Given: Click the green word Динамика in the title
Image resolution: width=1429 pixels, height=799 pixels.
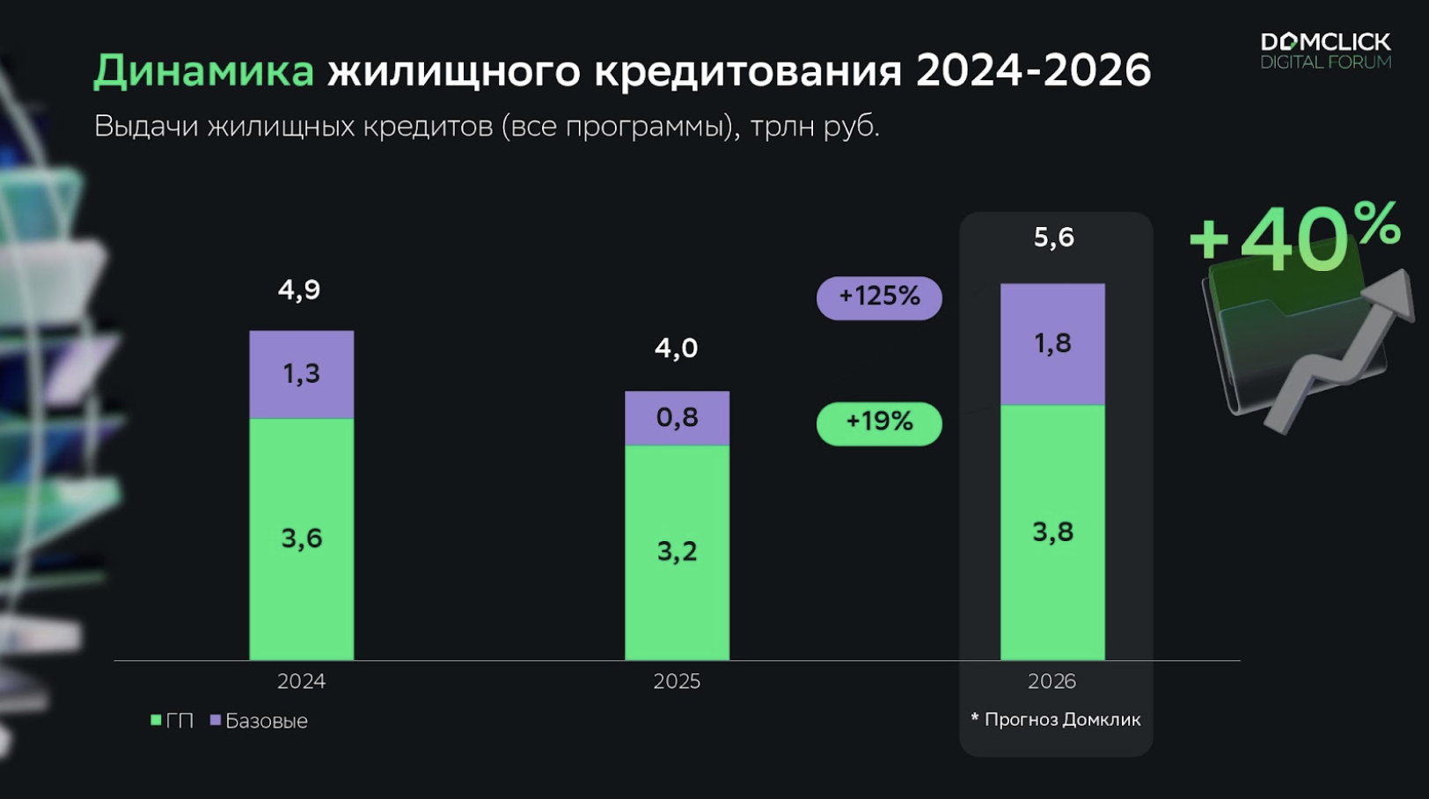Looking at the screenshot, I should pyautogui.click(x=203, y=71).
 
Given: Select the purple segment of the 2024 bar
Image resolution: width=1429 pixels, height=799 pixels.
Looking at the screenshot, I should pyautogui.click(x=302, y=374).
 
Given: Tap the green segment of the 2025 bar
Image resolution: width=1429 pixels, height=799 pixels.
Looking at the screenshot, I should pyautogui.click(x=677, y=552).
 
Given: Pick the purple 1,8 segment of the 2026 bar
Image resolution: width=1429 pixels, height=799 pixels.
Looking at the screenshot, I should pyautogui.click(x=1052, y=343).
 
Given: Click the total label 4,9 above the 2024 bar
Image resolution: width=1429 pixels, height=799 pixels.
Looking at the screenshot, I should pyautogui.click(x=299, y=290).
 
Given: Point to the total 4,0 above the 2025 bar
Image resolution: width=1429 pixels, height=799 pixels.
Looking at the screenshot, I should pyautogui.click(x=676, y=348).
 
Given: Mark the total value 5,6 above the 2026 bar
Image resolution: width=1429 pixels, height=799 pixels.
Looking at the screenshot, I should pyautogui.click(x=1053, y=237).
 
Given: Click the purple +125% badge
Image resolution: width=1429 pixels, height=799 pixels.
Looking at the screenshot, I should pyautogui.click(x=879, y=297).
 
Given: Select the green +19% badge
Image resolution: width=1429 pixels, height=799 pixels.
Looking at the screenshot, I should pyautogui.click(x=879, y=423).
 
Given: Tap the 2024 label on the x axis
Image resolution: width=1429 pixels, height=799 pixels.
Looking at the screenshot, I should pyautogui.click(x=301, y=681).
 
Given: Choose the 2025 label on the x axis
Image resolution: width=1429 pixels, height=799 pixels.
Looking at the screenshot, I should pyautogui.click(x=677, y=681).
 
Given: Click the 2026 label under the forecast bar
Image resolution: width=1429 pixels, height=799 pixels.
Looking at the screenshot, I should pyautogui.click(x=1052, y=681).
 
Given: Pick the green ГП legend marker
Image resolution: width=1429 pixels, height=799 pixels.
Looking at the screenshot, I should pyautogui.click(x=157, y=720).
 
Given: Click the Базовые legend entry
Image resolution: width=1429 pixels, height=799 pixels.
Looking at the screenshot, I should pyautogui.click(x=266, y=721).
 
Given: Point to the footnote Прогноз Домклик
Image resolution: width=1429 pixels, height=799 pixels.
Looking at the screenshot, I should pyautogui.click(x=1062, y=720).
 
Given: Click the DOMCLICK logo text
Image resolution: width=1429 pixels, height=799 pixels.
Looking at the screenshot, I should pyautogui.click(x=1325, y=42).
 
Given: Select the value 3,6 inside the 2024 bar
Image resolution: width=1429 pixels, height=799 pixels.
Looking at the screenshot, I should pyautogui.click(x=302, y=538).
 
